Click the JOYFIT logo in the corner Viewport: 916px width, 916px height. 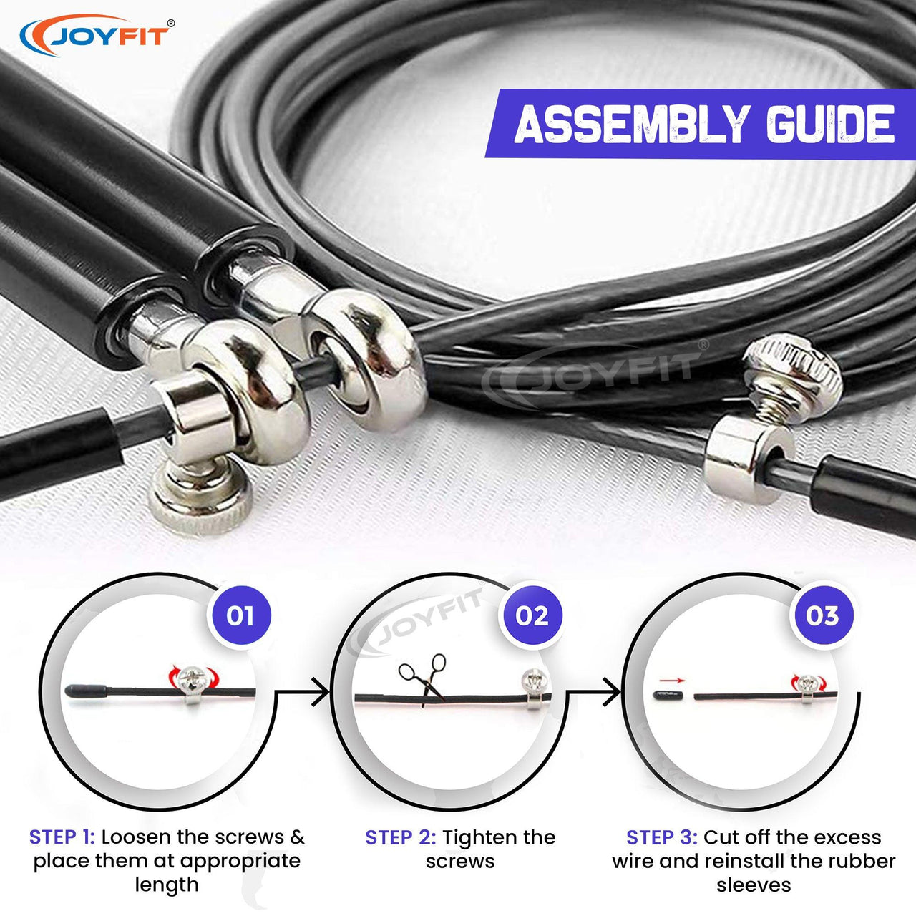pos(97,35)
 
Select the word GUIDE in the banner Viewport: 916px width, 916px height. pos(830,124)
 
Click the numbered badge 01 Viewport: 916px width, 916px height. pos(239,615)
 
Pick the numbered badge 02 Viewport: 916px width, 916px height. pos(531,615)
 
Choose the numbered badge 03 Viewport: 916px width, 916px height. pos(822,615)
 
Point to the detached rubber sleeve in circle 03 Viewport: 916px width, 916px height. pos(668,694)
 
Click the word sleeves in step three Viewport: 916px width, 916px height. pos(754,885)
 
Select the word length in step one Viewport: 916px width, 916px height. pos(166,885)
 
